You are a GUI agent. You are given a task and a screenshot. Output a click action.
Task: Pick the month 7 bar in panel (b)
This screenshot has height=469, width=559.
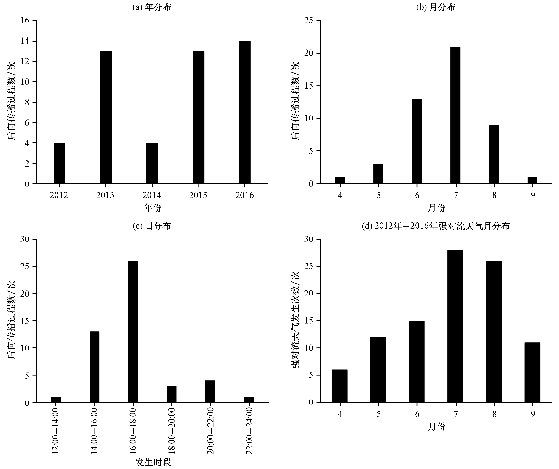[455, 115]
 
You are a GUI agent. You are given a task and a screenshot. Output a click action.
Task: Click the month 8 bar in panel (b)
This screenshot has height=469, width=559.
[494, 154]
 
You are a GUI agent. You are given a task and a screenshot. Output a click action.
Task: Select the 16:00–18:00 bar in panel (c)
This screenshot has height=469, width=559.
[133, 332]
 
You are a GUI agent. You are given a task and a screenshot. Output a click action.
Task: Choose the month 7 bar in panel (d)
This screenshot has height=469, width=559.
[455, 326]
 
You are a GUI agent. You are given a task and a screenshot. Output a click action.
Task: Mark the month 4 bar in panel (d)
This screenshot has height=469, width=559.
[339, 386]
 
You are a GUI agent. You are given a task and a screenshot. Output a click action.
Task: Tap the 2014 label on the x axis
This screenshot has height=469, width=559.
[152, 195]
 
